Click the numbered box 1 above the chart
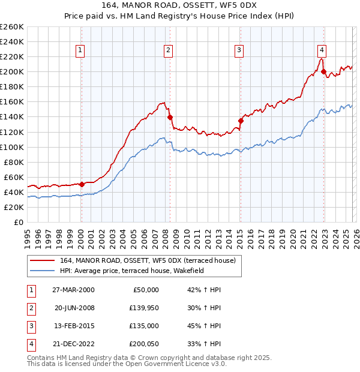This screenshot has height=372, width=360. point(80,50)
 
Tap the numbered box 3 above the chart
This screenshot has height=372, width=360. point(239,50)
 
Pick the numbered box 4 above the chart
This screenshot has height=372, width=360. point(322,50)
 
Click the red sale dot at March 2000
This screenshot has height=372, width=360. point(82,184)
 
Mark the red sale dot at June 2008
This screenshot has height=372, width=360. point(170,117)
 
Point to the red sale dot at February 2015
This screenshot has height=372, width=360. point(241,121)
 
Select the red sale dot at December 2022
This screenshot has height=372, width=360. point(324,72)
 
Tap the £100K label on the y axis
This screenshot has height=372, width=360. point(12,147)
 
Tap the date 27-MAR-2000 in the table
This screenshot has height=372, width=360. point(73,290)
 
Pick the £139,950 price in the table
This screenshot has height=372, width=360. point(144,308)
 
